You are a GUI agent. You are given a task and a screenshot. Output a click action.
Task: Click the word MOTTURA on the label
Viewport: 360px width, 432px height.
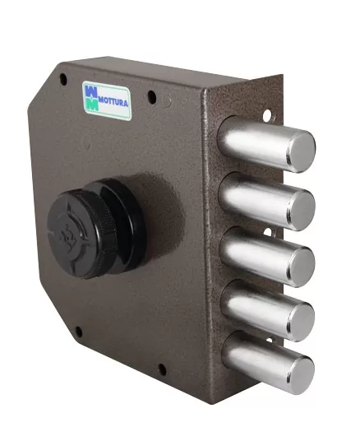(113, 102)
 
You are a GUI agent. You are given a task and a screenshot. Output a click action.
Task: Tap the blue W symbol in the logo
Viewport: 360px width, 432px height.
(91, 91)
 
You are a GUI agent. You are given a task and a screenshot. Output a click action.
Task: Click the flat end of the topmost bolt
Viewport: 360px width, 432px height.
(301, 151)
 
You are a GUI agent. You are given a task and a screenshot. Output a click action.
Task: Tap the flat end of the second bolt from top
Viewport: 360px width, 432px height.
(301, 210)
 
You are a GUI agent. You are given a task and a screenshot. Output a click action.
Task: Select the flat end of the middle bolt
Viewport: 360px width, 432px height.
(301, 267)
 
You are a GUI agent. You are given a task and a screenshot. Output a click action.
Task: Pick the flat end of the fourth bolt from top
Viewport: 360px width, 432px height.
(300, 322)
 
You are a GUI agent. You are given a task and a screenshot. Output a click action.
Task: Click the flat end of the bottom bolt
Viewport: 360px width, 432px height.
(300, 374)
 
